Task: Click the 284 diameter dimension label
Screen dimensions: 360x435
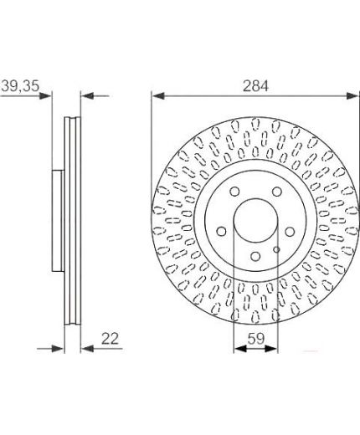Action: (x=255, y=86)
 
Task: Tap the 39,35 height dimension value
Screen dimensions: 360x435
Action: (x=21, y=85)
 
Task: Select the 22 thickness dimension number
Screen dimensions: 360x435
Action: (x=110, y=339)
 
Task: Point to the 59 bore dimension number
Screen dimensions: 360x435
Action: (x=256, y=339)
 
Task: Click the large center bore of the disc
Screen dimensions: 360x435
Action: (x=255, y=220)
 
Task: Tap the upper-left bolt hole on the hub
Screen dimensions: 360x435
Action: (x=234, y=192)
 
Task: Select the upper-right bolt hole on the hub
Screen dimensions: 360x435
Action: (x=277, y=192)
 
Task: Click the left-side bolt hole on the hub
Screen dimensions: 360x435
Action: (x=222, y=232)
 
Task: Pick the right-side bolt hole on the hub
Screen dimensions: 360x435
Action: (x=290, y=232)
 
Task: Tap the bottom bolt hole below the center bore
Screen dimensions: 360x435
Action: (x=255, y=256)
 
